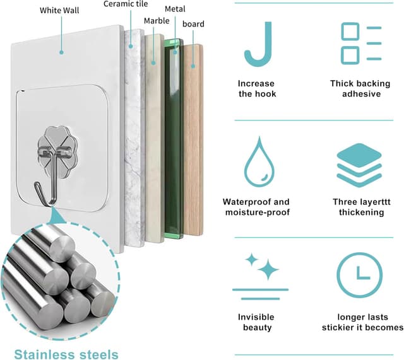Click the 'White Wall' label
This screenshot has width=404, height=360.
59,11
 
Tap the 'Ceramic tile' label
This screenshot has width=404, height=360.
126,4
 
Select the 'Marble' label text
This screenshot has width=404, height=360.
157,21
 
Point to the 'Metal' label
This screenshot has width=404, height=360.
175,9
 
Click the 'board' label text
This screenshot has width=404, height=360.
193,24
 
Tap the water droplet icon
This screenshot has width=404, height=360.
259,161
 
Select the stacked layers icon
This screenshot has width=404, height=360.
359,165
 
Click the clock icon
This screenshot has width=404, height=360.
360,275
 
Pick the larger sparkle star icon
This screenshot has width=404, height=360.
268,269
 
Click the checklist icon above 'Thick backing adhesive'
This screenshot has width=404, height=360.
361,44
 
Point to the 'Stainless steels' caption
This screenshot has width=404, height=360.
66,354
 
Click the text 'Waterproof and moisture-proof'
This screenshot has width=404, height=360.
257,207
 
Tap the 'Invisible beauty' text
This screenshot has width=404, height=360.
257,322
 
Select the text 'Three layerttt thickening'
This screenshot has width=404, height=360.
362,207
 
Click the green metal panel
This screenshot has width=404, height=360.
173,139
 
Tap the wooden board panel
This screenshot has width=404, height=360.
193,140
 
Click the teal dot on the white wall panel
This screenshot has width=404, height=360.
61,52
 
